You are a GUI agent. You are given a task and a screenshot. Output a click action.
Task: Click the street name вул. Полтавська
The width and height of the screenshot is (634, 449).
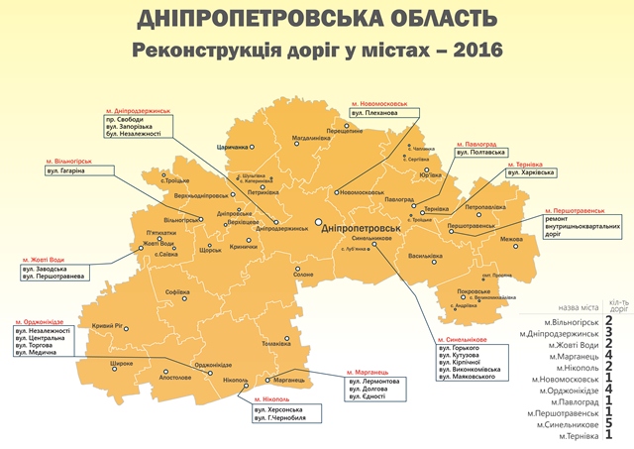481,153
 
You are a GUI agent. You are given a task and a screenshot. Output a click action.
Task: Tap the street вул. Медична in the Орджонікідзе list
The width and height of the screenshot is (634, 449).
38,353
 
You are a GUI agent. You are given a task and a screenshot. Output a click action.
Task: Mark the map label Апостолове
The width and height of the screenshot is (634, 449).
174,378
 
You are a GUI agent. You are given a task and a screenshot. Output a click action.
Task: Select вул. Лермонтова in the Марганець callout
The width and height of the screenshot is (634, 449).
373,382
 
